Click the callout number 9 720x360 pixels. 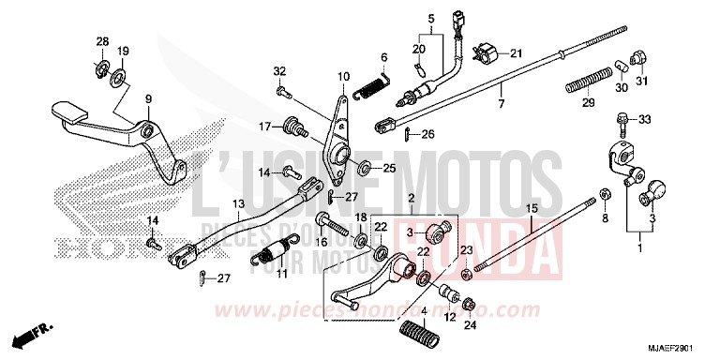[147, 99]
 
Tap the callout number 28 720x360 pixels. [102, 41]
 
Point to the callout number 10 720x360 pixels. [343, 76]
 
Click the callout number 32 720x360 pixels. [279, 72]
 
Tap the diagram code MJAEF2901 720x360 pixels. [677, 349]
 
